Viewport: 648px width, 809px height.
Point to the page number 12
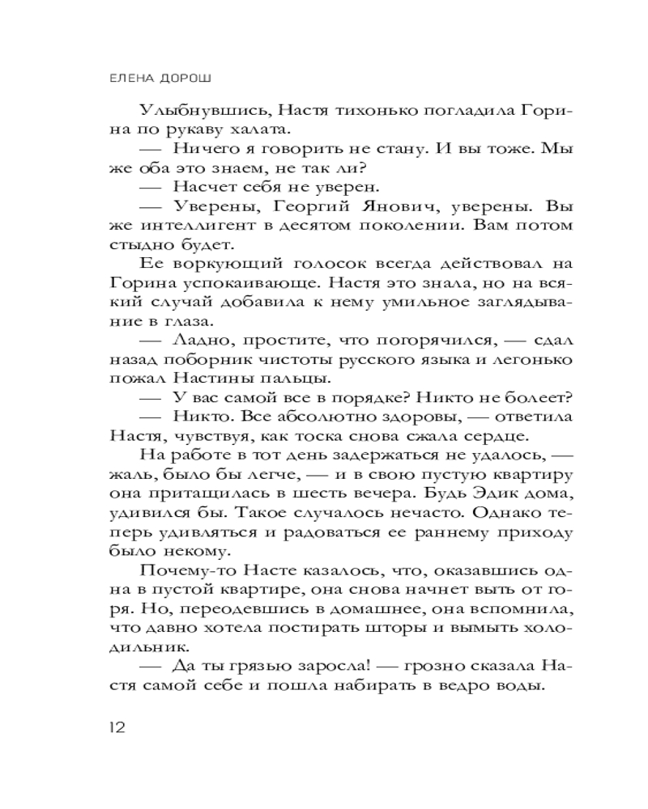[x=117, y=727]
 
